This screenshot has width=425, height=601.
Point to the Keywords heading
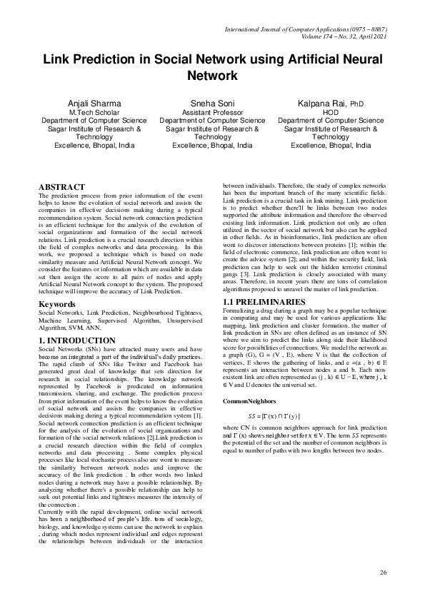click(56, 304)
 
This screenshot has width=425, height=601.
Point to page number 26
click(383, 573)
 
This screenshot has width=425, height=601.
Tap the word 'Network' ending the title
click(212, 75)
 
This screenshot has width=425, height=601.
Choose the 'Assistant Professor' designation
click(212, 113)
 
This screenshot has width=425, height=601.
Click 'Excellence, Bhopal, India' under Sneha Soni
click(212, 145)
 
